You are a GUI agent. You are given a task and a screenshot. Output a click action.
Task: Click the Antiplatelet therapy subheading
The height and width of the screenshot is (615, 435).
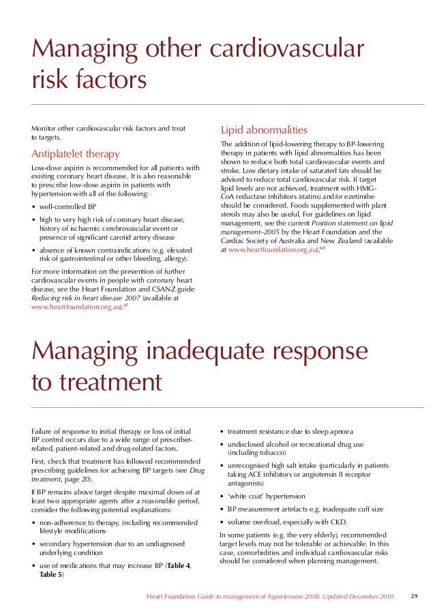click(x=76, y=154)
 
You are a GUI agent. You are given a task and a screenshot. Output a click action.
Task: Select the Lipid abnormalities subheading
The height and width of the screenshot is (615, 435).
click(x=263, y=129)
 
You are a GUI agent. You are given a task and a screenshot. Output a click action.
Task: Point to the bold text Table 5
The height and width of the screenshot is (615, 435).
click(x=50, y=575)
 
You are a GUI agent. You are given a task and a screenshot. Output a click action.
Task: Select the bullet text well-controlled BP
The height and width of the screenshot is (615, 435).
click(x=67, y=206)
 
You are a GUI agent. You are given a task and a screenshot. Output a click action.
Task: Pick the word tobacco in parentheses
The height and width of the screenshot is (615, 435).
click(x=269, y=453)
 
